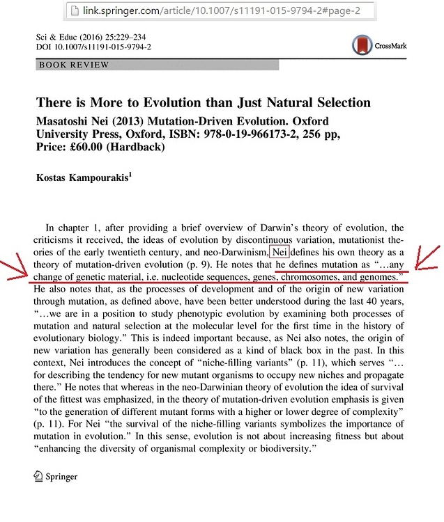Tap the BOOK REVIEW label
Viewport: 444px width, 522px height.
tap(75, 65)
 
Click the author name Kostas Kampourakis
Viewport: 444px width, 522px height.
tap(82, 177)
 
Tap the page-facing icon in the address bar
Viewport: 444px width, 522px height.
tap(72, 11)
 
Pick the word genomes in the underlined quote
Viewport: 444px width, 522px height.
tap(379, 276)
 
